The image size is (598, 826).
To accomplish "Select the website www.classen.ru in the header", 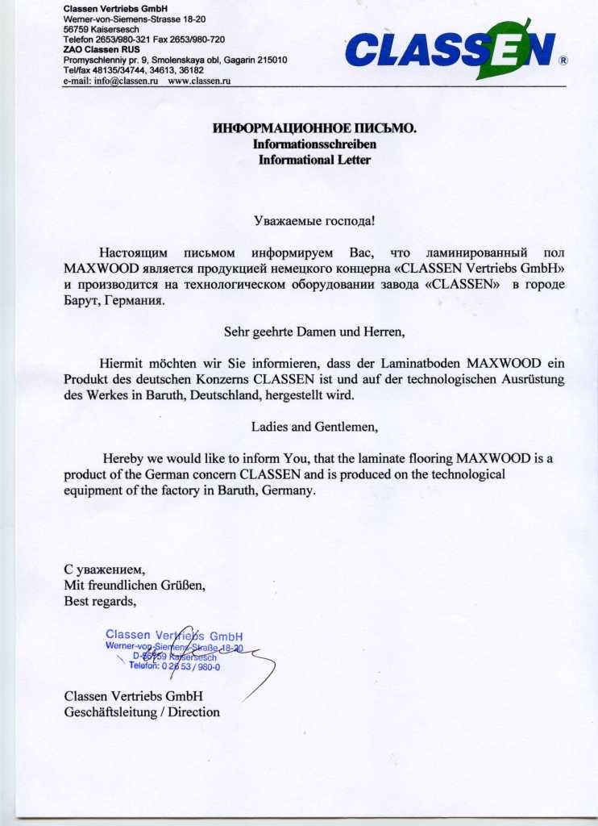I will click(x=201, y=81).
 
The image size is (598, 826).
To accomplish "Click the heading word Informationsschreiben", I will click(x=314, y=144).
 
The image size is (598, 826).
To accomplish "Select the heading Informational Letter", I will click(x=314, y=160).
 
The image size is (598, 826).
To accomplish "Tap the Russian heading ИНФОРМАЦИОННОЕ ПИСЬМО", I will click(x=314, y=128).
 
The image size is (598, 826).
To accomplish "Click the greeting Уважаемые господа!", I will click(x=314, y=219).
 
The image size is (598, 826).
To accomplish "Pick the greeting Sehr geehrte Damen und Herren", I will click(x=314, y=329).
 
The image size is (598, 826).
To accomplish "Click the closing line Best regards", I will click(x=101, y=600).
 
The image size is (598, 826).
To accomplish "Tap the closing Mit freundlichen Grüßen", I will click(x=135, y=585).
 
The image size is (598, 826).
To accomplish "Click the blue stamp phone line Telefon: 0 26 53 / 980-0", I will click(x=174, y=666).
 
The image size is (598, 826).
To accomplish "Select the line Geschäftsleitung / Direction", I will click(x=141, y=711).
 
